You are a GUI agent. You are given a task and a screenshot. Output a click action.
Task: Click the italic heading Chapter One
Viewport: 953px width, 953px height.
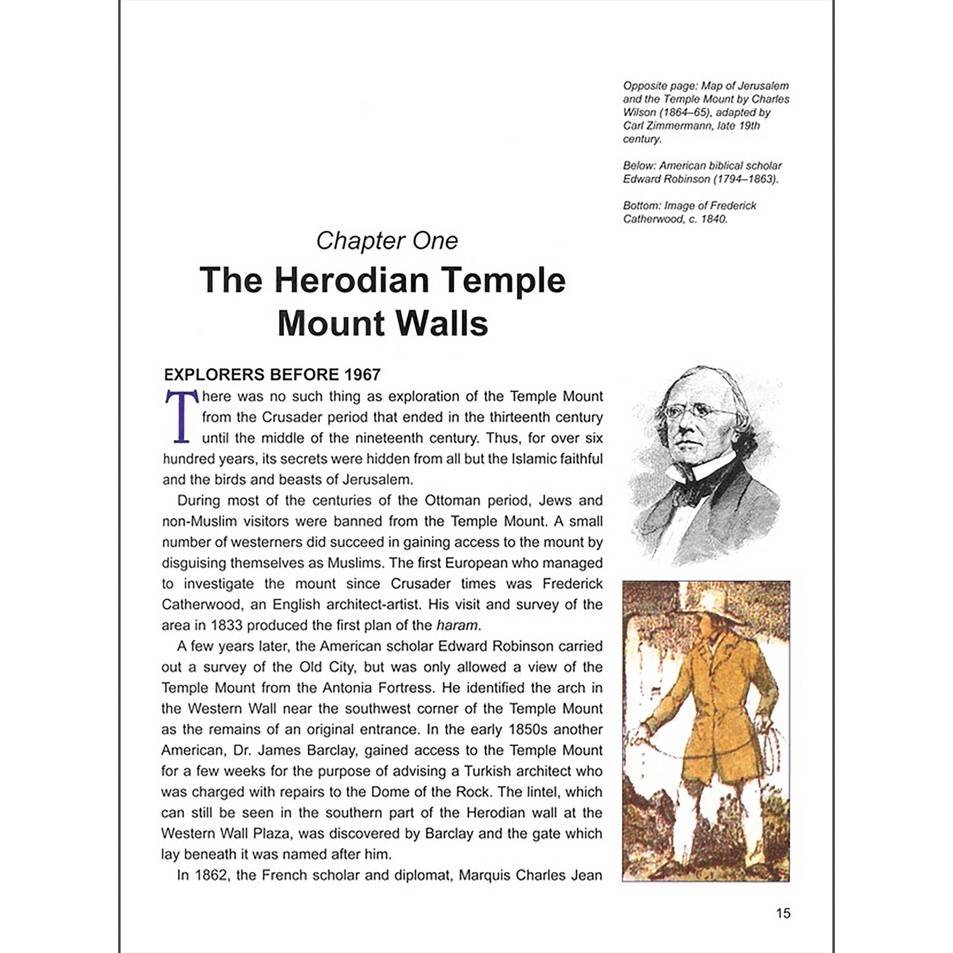pos(386,241)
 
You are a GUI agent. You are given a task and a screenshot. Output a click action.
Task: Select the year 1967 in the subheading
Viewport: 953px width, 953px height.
pos(362,375)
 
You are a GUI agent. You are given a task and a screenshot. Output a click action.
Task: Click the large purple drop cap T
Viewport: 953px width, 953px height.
pos(181,416)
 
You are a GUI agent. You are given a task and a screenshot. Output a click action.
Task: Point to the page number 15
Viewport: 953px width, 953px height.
pos(783,913)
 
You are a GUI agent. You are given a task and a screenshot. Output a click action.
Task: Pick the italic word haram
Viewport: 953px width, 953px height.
pos(457,625)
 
